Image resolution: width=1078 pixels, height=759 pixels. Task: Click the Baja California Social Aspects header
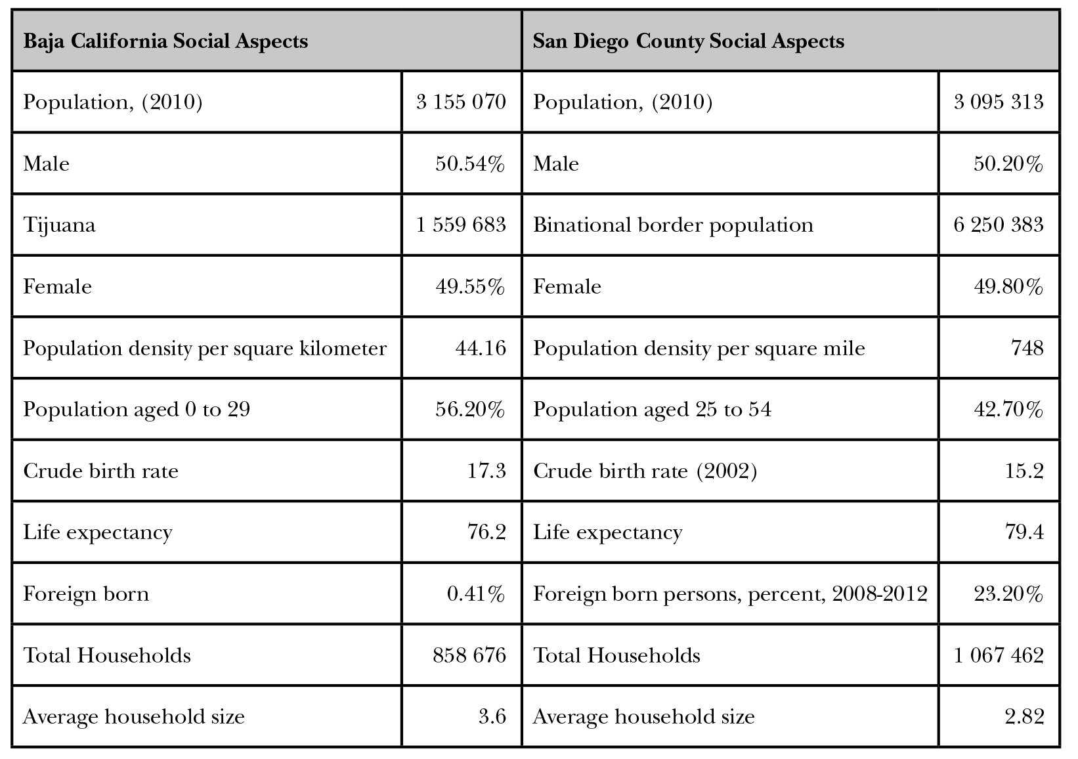coord(165,41)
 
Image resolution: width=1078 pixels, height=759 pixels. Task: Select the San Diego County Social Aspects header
coord(688,41)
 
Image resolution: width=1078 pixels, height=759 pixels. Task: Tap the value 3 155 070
coord(461,102)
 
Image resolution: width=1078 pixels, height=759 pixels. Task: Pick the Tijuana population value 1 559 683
coord(461,225)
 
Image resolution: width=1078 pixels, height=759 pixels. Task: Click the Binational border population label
coord(673,225)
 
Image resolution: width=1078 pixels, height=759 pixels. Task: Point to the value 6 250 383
coord(998,225)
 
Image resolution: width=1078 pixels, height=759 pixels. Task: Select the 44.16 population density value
coord(481,347)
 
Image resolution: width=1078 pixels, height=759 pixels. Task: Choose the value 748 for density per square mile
coord(1027,347)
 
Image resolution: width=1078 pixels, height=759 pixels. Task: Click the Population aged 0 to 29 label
coord(137,409)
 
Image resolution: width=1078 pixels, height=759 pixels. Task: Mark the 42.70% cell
coord(1008,409)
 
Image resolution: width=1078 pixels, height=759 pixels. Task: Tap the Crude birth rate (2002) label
coord(645,471)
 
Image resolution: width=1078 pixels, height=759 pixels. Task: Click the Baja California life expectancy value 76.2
coord(486,532)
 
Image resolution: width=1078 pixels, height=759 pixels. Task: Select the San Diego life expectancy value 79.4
coord(1024,532)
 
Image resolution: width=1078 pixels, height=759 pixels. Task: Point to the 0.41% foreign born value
coord(476,594)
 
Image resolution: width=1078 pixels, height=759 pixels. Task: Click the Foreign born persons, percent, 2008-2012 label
coord(730,594)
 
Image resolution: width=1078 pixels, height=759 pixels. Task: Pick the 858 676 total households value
coord(469,655)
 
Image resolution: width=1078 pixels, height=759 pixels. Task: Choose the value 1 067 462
coord(998,655)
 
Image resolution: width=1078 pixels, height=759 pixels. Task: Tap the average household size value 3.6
coord(492,716)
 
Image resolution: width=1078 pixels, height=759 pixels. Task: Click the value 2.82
coord(1024,716)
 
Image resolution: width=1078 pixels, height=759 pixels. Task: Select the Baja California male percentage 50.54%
coord(470,163)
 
